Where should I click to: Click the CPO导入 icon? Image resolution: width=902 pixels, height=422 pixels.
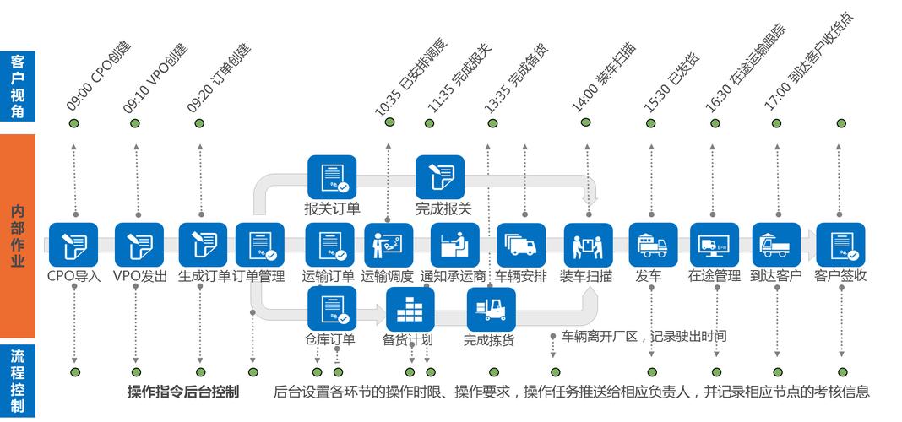point(73,245)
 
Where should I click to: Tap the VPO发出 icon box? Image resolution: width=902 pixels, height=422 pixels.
point(139,245)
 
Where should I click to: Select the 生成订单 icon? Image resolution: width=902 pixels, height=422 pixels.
point(203,245)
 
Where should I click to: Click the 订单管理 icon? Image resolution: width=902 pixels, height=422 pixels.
point(258,245)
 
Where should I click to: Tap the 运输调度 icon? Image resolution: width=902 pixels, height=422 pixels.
point(388,245)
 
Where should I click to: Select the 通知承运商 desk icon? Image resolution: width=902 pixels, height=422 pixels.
point(454,245)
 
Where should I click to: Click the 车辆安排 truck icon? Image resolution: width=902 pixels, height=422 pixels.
point(520,245)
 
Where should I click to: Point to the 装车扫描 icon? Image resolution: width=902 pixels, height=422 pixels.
point(587,245)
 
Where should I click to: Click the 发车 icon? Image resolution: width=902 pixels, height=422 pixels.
point(653,245)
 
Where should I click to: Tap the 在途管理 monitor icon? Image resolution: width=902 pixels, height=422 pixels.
point(715,245)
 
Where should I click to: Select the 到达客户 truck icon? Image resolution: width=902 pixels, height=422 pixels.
point(775,245)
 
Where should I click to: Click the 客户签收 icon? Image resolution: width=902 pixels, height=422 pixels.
point(841,245)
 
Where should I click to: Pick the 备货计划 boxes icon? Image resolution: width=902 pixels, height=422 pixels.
point(410,310)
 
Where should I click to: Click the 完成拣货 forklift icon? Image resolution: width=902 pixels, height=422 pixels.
point(491,310)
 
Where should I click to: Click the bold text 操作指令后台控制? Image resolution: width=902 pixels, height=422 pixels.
point(182,392)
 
